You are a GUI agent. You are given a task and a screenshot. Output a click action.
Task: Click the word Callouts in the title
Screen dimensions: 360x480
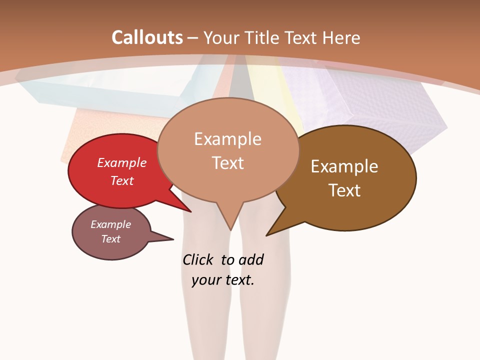pos(147,37)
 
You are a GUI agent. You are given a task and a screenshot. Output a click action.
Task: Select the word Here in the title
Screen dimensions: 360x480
pos(341,38)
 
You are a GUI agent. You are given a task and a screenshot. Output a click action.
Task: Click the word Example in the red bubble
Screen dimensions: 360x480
pos(122,162)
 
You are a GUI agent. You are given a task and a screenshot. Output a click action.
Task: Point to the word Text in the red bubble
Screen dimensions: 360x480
pos(122,180)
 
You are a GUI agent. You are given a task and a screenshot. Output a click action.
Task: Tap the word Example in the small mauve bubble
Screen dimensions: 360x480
pos(111,224)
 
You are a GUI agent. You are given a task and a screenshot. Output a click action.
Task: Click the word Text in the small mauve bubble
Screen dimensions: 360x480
pos(111,239)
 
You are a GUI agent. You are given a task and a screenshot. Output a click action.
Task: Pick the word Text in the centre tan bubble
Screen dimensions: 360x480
pos(228,162)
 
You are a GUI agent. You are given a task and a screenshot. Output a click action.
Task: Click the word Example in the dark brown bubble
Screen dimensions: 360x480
pos(344,166)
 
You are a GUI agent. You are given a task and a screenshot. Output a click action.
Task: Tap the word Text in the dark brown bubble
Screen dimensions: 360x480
pos(344,190)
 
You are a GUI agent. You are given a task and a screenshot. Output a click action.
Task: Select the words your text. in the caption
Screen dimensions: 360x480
pos(223,280)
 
